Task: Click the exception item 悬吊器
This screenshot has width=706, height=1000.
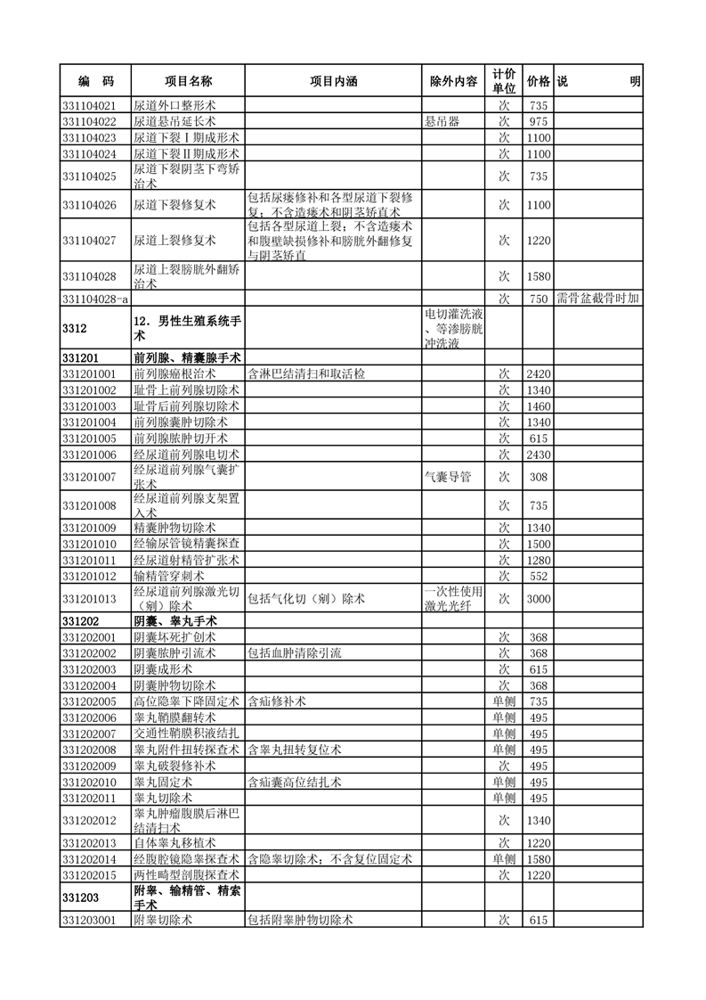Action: [442, 121]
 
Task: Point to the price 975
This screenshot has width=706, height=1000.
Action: [538, 121]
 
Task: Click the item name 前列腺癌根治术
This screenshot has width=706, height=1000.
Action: [180, 373]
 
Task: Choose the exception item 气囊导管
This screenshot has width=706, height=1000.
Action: [448, 477]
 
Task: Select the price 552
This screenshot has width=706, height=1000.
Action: [538, 577]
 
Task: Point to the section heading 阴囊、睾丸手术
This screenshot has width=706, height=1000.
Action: [175, 620]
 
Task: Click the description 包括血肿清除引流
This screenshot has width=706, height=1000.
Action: [294, 653]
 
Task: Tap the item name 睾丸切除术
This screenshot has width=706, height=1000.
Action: [163, 798]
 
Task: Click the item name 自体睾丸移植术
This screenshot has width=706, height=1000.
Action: [175, 842]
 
